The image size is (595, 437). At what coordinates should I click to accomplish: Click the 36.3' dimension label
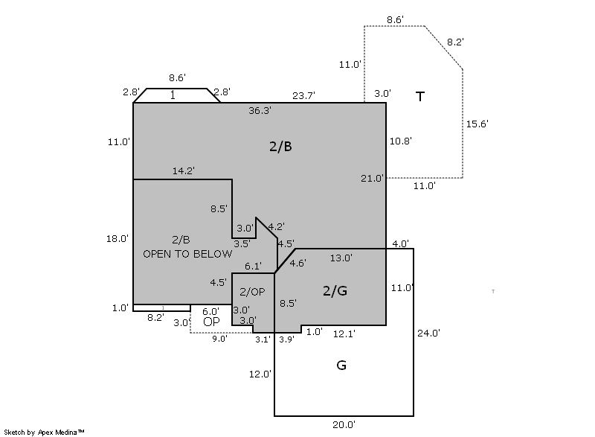(x=260, y=110)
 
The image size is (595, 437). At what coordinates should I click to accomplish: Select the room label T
(x=420, y=96)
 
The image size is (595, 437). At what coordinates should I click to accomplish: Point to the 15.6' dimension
(x=477, y=124)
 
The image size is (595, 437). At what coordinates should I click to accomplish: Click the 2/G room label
(x=335, y=290)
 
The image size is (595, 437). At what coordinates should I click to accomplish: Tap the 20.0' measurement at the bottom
(x=344, y=424)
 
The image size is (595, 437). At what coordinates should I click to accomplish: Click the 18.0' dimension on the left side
(x=118, y=238)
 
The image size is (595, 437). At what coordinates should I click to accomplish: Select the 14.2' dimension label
(x=184, y=170)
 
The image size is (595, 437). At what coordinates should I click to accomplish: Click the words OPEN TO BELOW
(x=187, y=253)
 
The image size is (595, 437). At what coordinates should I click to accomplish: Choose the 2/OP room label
(x=252, y=291)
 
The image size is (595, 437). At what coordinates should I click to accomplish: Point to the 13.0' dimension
(x=341, y=258)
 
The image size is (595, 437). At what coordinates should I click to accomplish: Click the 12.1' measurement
(x=344, y=334)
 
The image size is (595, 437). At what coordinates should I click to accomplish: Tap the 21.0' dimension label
(x=372, y=178)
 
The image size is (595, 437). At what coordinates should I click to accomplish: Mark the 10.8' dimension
(x=401, y=140)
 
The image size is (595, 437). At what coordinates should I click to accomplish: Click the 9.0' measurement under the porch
(x=219, y=339)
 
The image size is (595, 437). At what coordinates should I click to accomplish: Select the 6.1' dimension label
(x=253, y=266)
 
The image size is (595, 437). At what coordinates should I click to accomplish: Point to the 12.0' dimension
(x=260, y=374)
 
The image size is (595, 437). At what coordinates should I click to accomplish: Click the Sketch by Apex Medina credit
(x=45, y=431)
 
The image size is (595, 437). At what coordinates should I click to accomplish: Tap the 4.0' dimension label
(x=400, y=243)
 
